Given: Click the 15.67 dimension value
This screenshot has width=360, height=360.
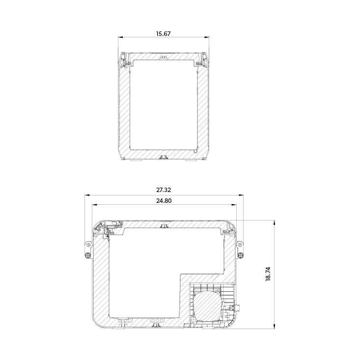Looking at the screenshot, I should coord(163,34).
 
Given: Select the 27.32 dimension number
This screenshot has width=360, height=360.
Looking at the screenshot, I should coord(163,190).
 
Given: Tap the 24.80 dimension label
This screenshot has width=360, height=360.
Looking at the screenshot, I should coord(163,200).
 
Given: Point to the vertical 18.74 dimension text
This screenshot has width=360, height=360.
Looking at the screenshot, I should coord(268,274).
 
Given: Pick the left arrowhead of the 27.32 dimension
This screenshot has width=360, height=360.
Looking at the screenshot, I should coord(87,195).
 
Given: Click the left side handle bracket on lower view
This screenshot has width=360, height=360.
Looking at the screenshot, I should coord(87,250).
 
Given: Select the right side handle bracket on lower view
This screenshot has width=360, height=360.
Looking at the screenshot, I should coord(240,250).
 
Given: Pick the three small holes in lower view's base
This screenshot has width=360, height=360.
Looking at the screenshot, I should coord(157,320).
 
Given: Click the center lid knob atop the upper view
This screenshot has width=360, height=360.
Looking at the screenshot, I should coord(164,57).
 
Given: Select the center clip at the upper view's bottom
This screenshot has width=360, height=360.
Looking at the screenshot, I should coord(164,157).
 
